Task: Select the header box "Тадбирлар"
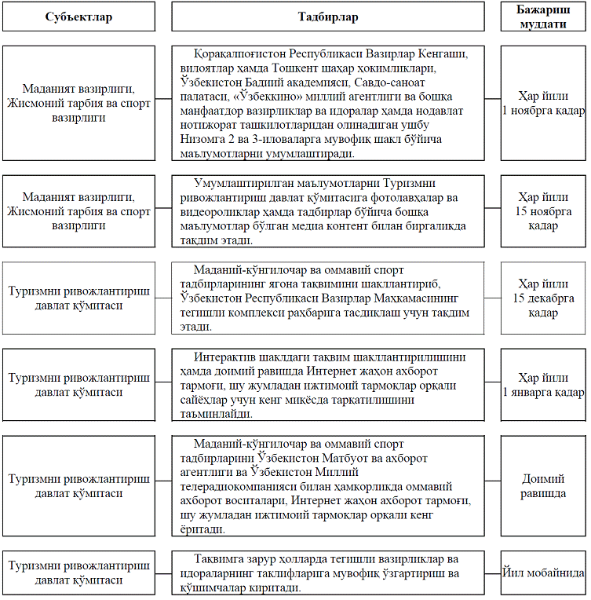(x=328, y=16)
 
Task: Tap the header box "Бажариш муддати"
(x=543, y=16)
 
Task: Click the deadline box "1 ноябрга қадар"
(x=543, y=103)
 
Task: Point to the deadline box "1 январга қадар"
(x=543, y=384)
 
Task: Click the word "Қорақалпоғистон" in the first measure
(x=243, y=53)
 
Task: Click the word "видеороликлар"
(x=220, y=212)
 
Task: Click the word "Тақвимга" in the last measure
(x=219, y=558)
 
